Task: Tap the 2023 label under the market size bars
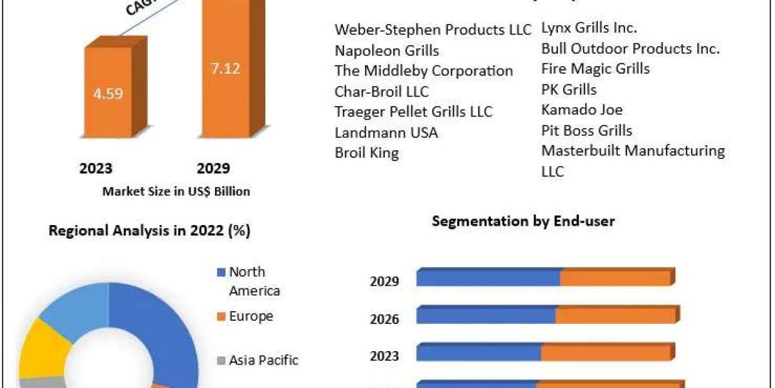tap(96, 168)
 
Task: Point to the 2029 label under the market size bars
tap(213, 168)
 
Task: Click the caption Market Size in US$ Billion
tap(176, 191)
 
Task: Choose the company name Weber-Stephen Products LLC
tap(433, 30)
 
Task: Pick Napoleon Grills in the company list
tap(387, 50)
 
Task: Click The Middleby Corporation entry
tap(424, 71)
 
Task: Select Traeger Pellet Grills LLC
tap(413, 112)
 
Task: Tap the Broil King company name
tap(367, 153)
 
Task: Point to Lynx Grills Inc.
tap(589, 28)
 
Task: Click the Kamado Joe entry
tap(582, 110)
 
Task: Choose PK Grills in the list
tap(569, 89)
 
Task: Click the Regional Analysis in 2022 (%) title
tap(150, 230)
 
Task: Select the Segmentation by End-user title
tap(523, 221)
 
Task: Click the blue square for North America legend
tap(222, 273)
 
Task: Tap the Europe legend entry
tap(251, 316)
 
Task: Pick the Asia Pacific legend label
tap(263, 360)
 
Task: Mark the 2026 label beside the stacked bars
tap(384, 319)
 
